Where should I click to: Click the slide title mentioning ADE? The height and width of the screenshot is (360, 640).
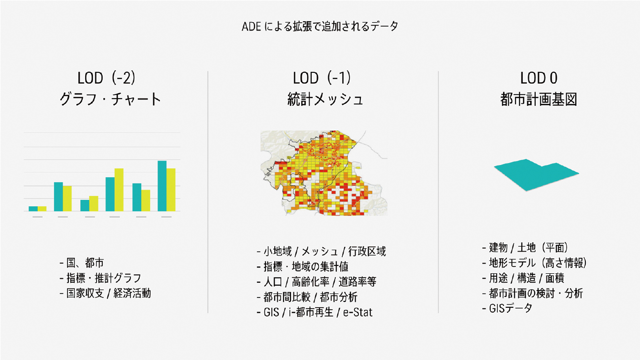tap(320, 26)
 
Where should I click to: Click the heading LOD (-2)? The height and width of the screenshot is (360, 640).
tap(106, 78)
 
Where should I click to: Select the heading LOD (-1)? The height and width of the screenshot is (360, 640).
tap(321, 78)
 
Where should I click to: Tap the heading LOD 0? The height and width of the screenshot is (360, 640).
tap(539, 78)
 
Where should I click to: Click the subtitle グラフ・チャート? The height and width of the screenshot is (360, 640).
tap(110, 99)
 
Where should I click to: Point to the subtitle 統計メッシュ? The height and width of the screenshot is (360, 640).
tap(325, 99)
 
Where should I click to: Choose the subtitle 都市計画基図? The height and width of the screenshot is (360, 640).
tap(539, 99)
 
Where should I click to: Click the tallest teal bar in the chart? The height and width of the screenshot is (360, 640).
tap(162, 186)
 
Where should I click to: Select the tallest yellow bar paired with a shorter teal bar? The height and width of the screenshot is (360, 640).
tap(119, 190)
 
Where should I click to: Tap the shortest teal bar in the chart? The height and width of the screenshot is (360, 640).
tap(33, 209)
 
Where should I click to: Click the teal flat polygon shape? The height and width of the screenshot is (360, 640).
tap(537, 174)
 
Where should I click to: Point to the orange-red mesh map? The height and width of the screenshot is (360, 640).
tap(324, 173)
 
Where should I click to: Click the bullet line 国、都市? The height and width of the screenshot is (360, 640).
tap(82, 263)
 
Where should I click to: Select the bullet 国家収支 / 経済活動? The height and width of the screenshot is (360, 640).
tap(105, 294)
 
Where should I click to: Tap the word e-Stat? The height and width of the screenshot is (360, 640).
tap(358, 312)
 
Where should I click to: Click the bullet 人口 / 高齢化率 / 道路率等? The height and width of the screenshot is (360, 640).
tap(317, 282)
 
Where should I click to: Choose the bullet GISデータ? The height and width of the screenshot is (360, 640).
tap(507, 308)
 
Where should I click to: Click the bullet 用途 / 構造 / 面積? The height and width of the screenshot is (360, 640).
tap(523, 278)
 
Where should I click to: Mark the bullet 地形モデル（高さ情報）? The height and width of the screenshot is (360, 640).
tap(534, 263)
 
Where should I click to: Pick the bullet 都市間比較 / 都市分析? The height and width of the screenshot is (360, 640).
tap(307, 297)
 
